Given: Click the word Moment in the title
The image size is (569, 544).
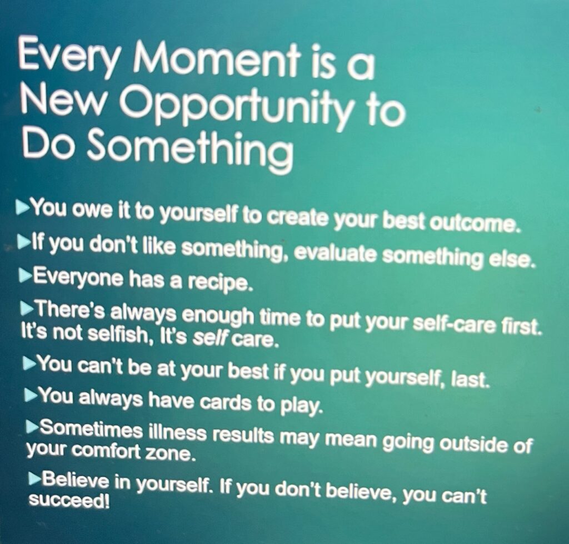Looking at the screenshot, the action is click(217, 60).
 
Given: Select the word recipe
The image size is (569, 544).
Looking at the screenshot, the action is click(219, 283).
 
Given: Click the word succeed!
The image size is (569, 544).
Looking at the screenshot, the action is click(69, 500).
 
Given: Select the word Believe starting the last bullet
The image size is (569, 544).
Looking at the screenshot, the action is click(76, 481).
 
